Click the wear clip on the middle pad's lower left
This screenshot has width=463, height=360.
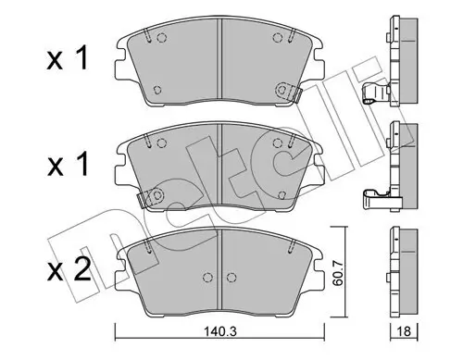tap(148, 197)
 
